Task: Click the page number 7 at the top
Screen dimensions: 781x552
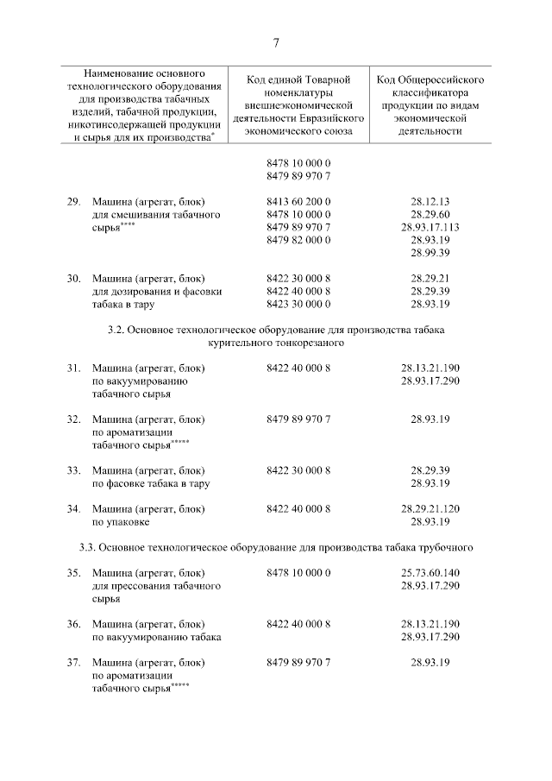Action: coord(276,43)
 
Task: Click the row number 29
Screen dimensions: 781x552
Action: coord(74,201)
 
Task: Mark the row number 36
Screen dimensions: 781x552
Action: coord(74,624)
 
